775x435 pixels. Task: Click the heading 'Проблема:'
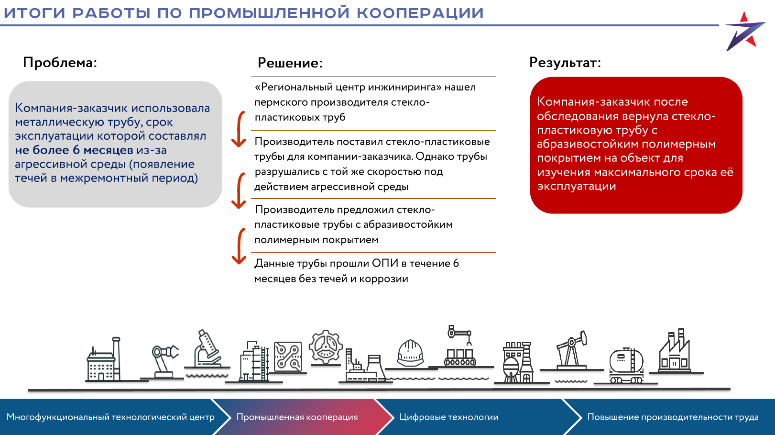60,62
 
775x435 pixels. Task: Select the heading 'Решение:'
290,63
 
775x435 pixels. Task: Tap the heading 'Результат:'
565,62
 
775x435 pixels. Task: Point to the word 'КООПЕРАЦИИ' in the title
420,13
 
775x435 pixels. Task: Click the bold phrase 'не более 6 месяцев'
74,150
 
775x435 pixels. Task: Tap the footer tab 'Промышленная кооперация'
297,417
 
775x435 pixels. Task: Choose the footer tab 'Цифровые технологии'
449,417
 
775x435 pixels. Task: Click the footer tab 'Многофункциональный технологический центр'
110,417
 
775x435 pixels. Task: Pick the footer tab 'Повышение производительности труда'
673,417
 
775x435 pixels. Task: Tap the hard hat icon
410,353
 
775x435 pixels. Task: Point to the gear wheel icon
325,346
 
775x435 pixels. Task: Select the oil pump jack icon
571,350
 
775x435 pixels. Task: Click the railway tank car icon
626,366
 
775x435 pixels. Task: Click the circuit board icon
288,357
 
